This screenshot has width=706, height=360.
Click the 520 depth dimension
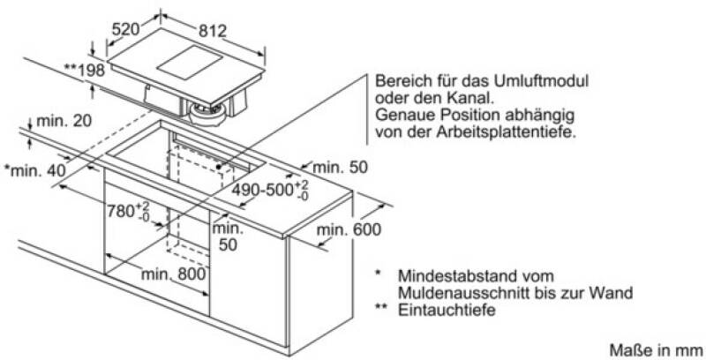coord(125,30)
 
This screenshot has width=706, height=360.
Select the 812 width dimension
coord(212,31)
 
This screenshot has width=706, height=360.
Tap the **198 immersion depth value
coord(84,71)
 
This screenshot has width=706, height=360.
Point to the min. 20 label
coord(64,121)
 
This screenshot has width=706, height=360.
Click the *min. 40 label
coord(34,170)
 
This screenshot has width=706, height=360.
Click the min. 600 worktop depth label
coord(349,230)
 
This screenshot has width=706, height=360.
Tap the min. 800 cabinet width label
coord(174,274)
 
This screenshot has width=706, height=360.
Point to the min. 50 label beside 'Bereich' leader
coord(340,168)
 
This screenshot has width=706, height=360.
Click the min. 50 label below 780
coord(228,236)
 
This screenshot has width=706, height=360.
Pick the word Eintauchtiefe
coord(447,310)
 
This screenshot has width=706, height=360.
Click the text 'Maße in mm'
coord(656,349)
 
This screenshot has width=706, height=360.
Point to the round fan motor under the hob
coord(208,115)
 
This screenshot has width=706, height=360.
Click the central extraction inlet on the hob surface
coord(190,64)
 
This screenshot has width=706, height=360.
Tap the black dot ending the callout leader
coord(219,166)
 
